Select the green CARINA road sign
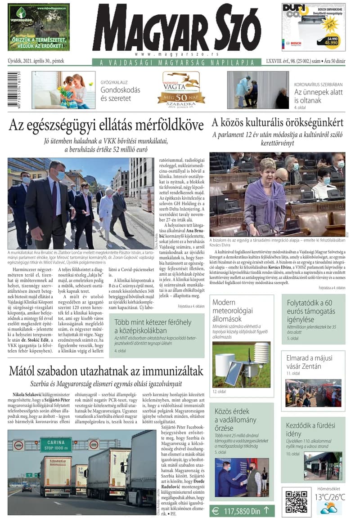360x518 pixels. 56,444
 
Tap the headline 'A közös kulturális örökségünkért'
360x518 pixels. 277,122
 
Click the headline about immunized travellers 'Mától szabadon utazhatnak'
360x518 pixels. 106,371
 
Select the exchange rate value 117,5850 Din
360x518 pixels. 242,510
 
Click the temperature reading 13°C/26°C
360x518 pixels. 330,497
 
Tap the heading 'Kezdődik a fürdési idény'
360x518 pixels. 310,429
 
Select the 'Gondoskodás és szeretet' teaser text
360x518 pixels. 120,94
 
